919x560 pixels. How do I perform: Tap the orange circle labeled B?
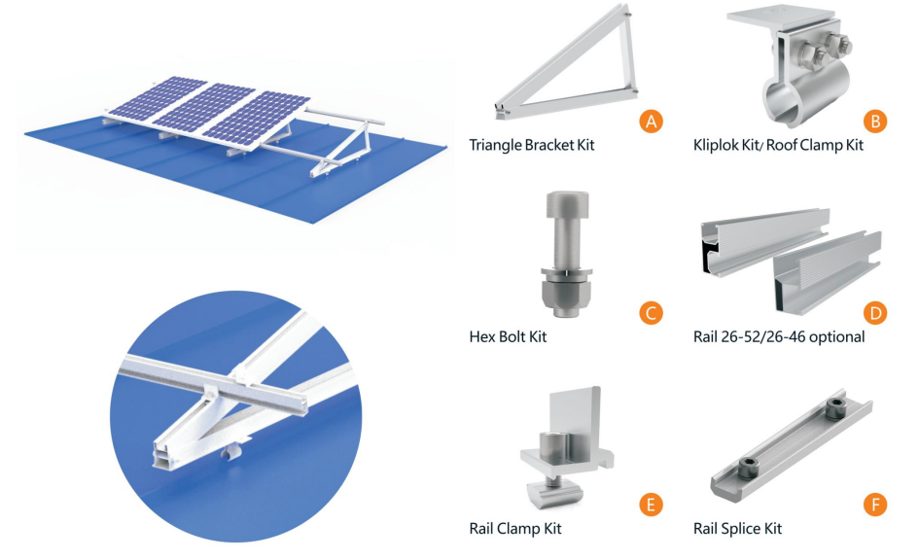pos(875,121)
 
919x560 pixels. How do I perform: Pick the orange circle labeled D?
pos(875,313)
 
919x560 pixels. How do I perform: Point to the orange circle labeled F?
pos(875,505)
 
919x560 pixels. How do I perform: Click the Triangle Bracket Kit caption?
pos(531,146)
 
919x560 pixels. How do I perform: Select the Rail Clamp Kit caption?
pos(514,529)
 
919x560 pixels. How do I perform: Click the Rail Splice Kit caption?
pos(737,529)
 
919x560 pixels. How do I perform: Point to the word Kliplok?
pos(719,146)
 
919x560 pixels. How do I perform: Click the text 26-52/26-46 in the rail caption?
pos(766,337)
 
